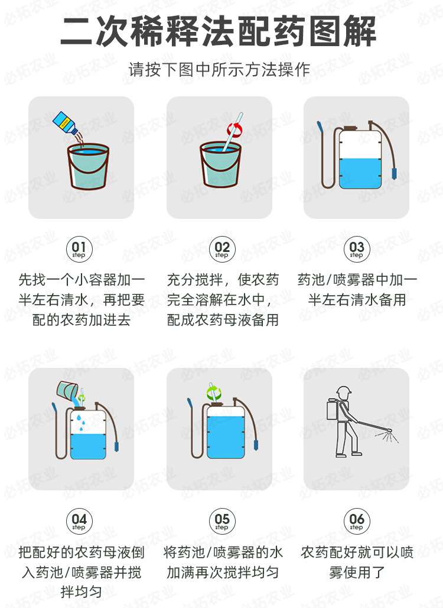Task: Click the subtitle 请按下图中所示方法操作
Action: click(x=219, y=69)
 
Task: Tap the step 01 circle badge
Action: click(x=79, y=249)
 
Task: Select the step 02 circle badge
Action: click(x=221, y=249)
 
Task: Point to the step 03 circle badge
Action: click(x=357, y=249)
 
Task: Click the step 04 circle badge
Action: click(x=79, y=521)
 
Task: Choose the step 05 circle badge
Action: click(x=221, y=521)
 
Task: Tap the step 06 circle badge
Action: click(x=357, y=521)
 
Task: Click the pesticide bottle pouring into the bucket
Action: click(x=65, y=122)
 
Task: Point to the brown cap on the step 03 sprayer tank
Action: click(x=351, y=127)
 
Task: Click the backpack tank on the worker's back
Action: click(x=332, y=410)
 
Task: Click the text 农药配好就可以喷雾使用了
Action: click(x=357, y=562)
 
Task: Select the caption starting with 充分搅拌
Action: click(x=222, y=300)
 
